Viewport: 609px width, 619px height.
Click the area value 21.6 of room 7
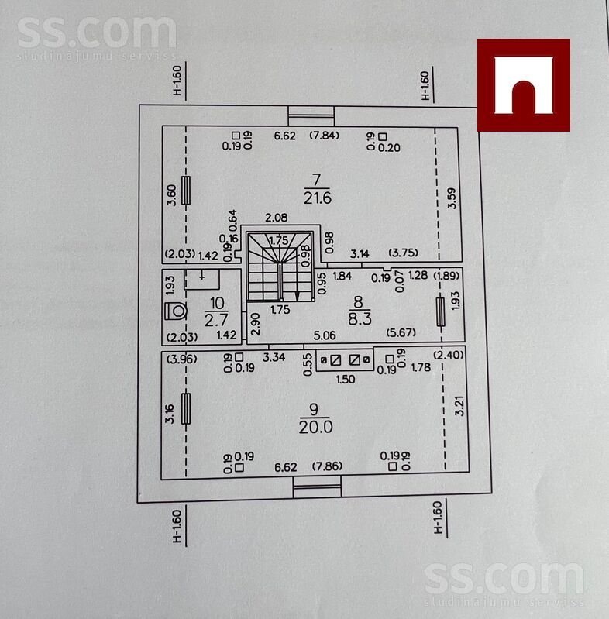(318, 198)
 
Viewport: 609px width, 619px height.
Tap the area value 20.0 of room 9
(315, 427)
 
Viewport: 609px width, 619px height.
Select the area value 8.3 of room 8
(360, 318)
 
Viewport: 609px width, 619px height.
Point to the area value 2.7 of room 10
(215, 320)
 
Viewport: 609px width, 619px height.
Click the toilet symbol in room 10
(175, 311)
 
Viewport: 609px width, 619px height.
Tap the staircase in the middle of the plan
(280, 267)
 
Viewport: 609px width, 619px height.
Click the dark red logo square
(523, 85)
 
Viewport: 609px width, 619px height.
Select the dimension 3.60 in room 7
(172, 195)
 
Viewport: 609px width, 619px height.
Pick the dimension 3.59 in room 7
(452, 198)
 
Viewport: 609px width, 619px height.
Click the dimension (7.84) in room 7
(324, 136)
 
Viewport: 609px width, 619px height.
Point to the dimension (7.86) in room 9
(327, 466)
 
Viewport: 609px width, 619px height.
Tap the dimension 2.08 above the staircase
(277, 218)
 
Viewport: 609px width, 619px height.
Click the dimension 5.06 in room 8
(325, 335)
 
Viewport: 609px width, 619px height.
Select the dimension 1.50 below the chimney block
(346, 380)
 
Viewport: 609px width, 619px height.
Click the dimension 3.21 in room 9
(459, 405)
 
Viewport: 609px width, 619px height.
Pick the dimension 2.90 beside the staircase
(256, 324)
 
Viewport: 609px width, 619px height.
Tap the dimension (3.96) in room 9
(181, 359)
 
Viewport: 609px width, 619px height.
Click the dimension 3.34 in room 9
(274, 357)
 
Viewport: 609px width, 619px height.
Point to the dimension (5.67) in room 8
(401, 332)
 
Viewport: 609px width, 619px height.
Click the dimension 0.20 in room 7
(390, 148)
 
